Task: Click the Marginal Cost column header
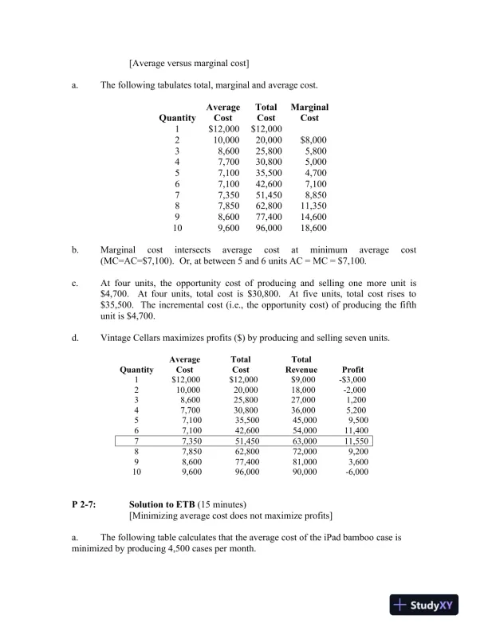click(309, 112)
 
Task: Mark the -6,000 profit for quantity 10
click(355, 472)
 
